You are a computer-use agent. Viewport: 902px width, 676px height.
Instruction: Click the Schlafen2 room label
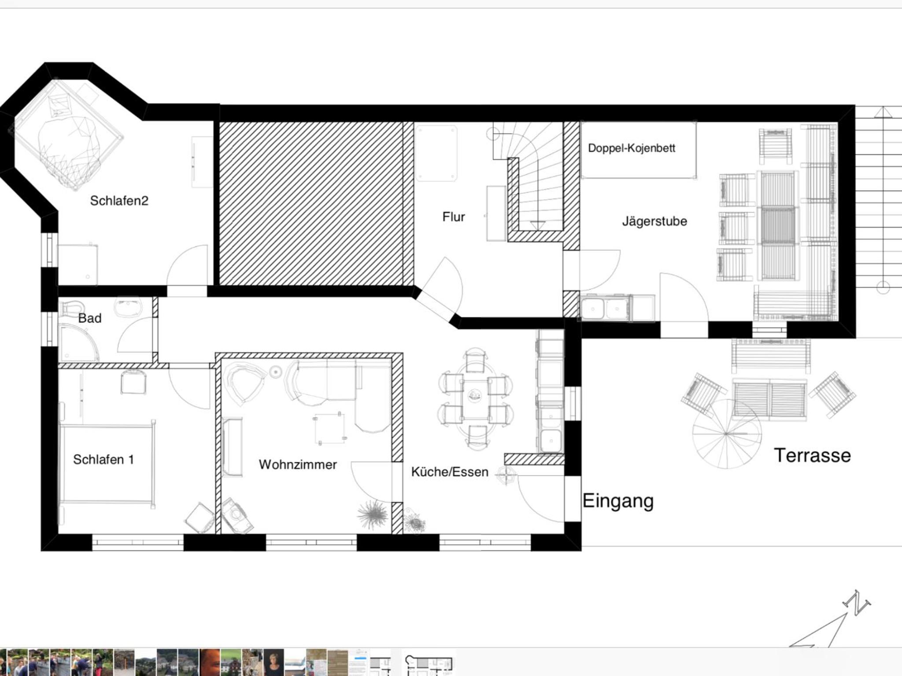point(119,201)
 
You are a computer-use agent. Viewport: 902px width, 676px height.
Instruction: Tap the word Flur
point(454,217)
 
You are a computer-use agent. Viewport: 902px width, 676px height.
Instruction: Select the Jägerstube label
point(654,221)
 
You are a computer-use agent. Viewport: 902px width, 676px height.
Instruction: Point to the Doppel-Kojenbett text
point(632,148)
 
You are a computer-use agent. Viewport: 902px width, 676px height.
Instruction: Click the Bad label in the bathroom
point(90,318)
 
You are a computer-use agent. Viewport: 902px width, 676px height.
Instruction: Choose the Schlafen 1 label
point(104,459)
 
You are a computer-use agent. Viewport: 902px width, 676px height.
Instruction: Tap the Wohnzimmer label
point(298,464)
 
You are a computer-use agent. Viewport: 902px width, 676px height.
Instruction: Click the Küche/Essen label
point(450,472)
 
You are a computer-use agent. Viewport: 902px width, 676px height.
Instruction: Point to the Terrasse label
point(813,456)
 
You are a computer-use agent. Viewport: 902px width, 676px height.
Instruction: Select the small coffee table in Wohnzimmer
point(329,428)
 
